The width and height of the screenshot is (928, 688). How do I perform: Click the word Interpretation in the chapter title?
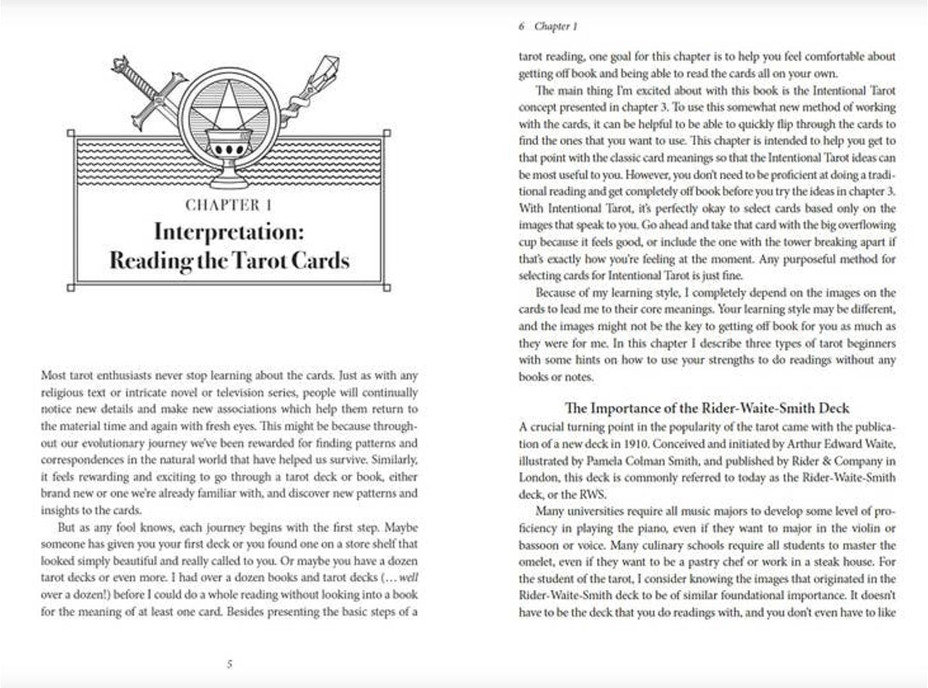point(229,232)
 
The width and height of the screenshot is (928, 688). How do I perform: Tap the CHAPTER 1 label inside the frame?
point(229,205)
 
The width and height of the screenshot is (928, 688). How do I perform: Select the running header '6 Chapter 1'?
point(548,26)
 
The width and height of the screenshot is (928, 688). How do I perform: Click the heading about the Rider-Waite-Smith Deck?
point(707,408)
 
